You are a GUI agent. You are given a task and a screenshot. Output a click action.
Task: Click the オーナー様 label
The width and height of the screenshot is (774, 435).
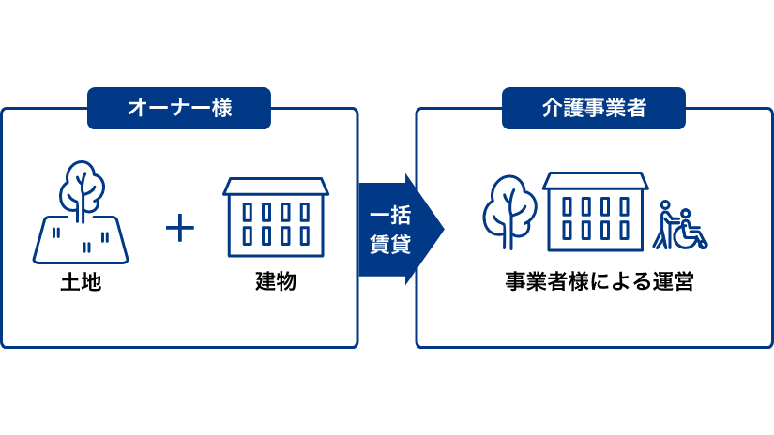(x=179, y=108)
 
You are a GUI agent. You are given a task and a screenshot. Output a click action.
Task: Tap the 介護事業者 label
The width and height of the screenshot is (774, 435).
(x=594, y=108)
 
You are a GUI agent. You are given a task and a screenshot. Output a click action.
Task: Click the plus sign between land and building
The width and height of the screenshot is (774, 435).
(x=179, y=228)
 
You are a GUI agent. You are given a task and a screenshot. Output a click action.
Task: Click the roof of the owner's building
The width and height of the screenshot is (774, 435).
(x=276, y=186)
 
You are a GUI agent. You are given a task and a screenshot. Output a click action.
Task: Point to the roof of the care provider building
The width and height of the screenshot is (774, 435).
(x=595, y=180)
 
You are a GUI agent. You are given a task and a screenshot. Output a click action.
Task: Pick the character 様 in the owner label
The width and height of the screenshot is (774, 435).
(x=221, y=108)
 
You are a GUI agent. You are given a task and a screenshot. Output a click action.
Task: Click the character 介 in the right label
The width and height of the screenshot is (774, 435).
(x=552, y=108)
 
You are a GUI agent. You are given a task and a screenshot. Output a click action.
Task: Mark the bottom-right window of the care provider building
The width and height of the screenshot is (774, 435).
(x=624, y=231)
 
